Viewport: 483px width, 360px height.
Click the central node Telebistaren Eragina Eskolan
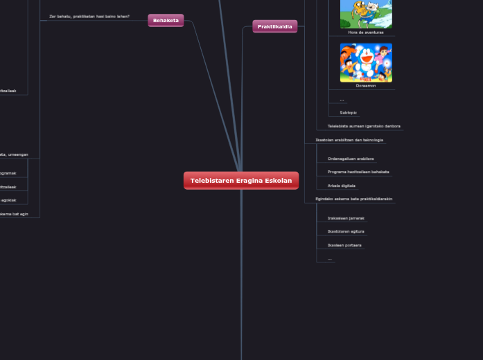(x=241, y=181)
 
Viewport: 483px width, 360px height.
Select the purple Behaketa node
(x=166, y=21)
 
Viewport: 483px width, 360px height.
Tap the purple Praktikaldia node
(x=274, y=26)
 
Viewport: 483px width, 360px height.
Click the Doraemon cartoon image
(x=366, y=62)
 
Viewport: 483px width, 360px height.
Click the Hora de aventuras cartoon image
(x=366, y=13)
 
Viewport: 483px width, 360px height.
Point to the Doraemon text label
(x=366, y=86)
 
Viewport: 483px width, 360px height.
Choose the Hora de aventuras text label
(x=366, y=32)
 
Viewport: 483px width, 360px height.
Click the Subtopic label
(x=349, y=112)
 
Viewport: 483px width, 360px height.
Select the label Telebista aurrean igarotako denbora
(x=364, y=126)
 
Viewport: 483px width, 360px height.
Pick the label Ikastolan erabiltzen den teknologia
(x=349, y=140)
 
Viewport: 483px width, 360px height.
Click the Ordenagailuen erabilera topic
(x=351, y=159)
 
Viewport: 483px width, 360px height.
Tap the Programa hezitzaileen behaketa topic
(x=358, y=172)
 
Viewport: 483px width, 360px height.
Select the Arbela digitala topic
(x=342, y=186)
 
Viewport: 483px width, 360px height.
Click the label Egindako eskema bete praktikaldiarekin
(x=354, y=199)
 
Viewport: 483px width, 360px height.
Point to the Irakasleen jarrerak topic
(x=346, y=218)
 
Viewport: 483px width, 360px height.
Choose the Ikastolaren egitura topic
(x=346, y=231)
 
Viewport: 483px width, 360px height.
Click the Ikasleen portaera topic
(x=344, y=245)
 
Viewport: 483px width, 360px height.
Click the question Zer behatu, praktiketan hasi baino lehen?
(x=89, y=16)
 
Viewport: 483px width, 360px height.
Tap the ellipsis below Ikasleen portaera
(x=330, y=258)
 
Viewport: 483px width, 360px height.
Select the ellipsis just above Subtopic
(x=342, y=100)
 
